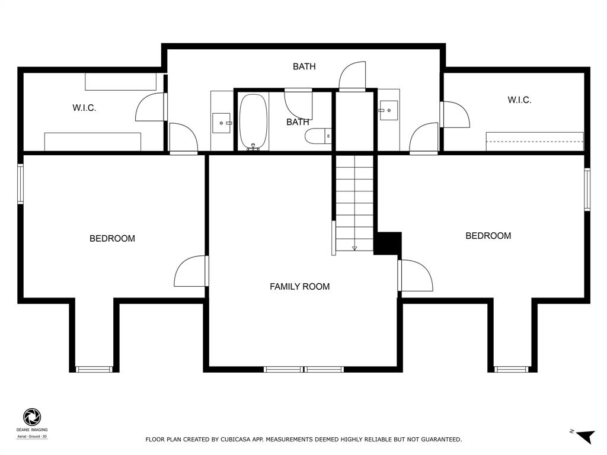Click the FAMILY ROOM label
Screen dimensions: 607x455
(x=299, y=287)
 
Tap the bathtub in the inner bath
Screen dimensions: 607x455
(x=253, y=122)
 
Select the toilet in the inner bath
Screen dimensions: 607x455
(x=318, y=136)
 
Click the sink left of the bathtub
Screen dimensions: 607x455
(x=222, y=123)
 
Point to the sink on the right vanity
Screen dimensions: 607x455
(x=388, y=111)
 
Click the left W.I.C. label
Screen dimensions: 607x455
(x=84, y=108)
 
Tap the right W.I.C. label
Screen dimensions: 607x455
(x=519, y=100)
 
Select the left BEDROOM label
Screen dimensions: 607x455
(x=112, y=238)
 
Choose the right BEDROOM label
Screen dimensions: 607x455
(x=488, y=236)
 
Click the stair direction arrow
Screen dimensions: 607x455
(x=354, y=248)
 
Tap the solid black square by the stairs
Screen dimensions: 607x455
(x=388, y=243)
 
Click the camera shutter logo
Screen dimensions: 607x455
(x=32, y=417)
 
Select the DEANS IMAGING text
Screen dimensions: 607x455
(x=32, y=430)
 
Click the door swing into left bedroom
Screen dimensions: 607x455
(x=189, y=271)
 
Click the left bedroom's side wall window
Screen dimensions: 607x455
(x=21, y=184)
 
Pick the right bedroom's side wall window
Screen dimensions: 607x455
(x=587, y=190)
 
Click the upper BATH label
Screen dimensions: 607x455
(x=304, y=66)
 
